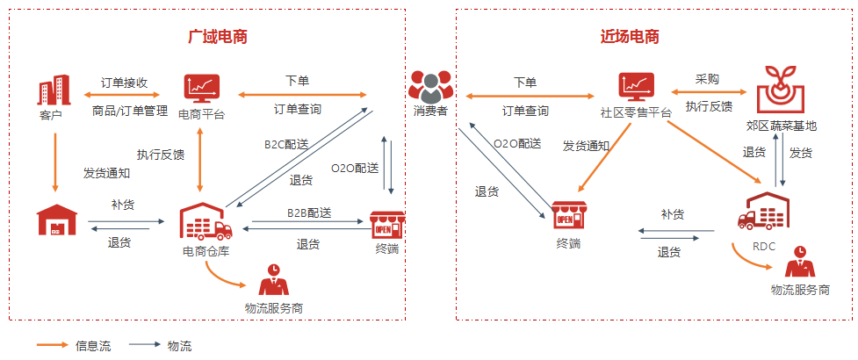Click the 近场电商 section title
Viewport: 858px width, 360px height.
(x=630, y=37)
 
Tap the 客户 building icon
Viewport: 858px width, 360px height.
(x=54, y=91)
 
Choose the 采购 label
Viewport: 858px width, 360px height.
(x=707, y=79)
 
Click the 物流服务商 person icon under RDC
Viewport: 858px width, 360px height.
(x=798, y=262)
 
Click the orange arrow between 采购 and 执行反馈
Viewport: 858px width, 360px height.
(x=709, y=91)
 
